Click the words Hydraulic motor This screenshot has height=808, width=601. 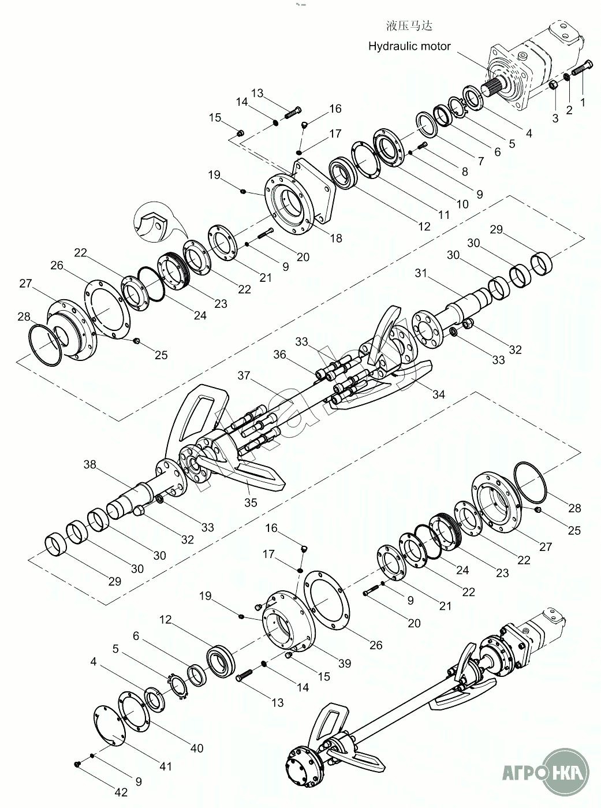click(x=409, y=46)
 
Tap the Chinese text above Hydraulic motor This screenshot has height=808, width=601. click(x=409, y=26)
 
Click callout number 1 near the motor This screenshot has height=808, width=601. click(x=583, y=102)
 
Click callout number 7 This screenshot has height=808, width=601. click(x=481, y=161)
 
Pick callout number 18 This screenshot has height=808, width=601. click(x=336, y=239)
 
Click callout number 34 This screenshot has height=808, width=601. click(x=439, y=394)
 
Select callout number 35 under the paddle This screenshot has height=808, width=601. click(x=251, y=502)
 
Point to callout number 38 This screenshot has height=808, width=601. click(x=90, y=464)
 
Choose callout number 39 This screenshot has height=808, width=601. click(x=345, y=663)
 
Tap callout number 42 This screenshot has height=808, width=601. click(x=121, y=792)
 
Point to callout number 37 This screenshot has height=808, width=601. click(x=244, y=375)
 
